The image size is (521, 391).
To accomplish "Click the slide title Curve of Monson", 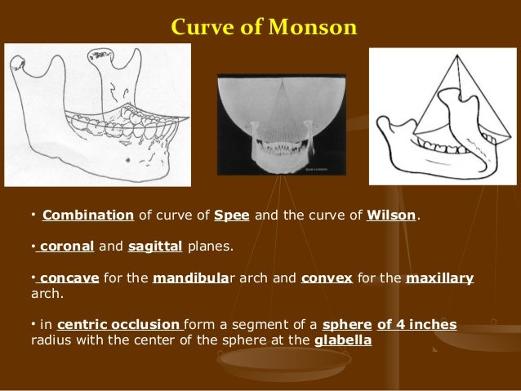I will (x=264, y=28).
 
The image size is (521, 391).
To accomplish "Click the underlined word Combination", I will (x=88, y=216).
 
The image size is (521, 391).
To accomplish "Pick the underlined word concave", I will (x=69, y=278).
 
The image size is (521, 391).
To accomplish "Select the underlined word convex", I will (x=327, y=278).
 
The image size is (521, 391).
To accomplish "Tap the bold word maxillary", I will (x=439, y=278).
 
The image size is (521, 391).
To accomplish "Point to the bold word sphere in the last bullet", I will (x=347, y=325).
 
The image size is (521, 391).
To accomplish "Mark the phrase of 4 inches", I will (x=416, y=325).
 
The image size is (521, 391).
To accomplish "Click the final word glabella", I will (x=342, y=340).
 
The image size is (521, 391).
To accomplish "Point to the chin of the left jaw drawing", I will (x=163, y=171).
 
